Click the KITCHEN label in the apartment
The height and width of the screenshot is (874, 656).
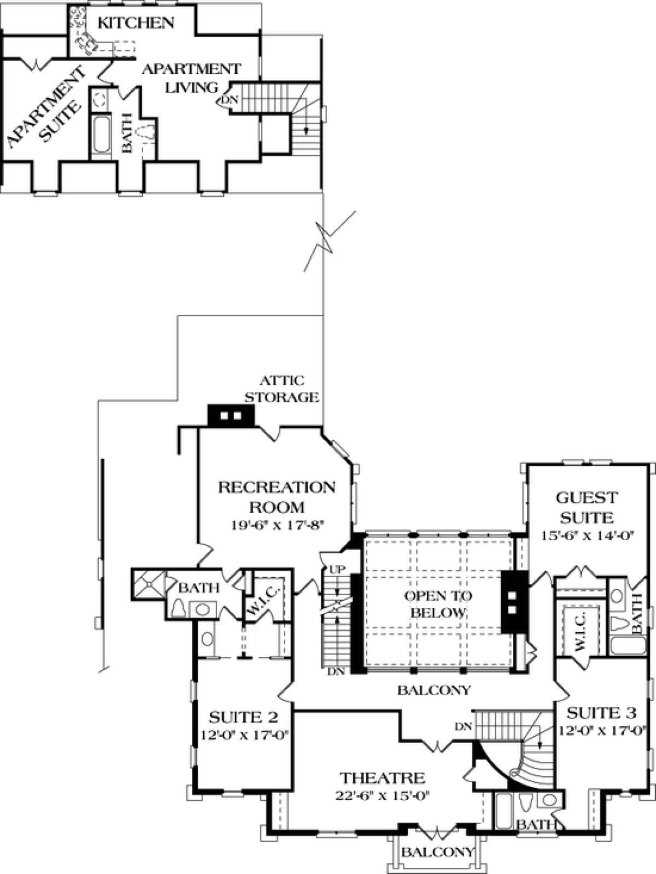(136, 23)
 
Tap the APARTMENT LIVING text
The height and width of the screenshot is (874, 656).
(192, 78)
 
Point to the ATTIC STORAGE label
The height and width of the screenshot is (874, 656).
(282, 389)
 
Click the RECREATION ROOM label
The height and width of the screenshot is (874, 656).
(277, 497)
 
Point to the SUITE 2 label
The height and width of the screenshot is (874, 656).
(243, 717)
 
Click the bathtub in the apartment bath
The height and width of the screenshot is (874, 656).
(101, 134)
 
